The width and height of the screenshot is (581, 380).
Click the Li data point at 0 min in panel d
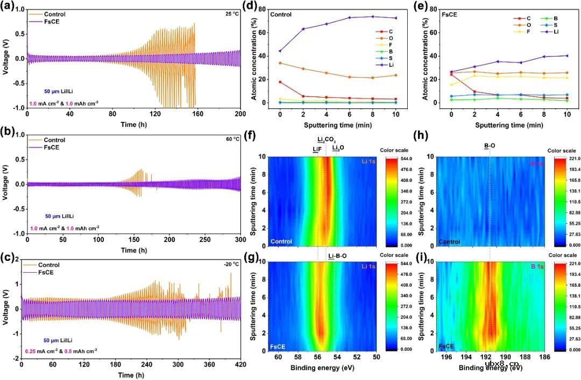coord(280,51)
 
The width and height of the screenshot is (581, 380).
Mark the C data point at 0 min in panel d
coord(280,82)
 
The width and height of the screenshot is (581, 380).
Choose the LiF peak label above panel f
coord(316,149)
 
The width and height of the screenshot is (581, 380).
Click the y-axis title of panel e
coord(427,56)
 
